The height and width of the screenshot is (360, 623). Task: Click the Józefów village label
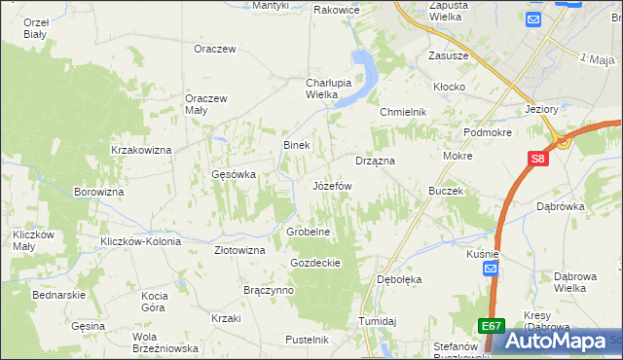[332, 185]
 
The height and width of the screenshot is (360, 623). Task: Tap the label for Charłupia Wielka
[308, 89]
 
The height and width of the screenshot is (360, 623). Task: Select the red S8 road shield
[538, 160]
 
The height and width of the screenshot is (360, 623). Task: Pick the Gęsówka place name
[234, 175]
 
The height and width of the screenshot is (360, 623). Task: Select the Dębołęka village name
[399, 279]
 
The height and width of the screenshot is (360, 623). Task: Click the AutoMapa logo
[560, 341]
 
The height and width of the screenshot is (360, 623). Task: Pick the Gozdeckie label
[314, 263]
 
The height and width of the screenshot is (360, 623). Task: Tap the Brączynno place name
[269, 290]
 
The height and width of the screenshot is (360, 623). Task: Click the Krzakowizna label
[141, 150]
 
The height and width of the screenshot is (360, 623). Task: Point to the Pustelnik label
[307, 340]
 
